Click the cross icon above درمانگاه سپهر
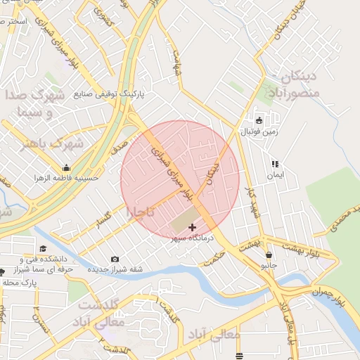point(192,227)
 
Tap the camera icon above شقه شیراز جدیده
point(115,259)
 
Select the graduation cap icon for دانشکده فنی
point(44,248)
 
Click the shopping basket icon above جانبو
point(269,255)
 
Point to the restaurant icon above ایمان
point(274,163)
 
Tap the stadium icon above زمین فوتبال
point(259,120)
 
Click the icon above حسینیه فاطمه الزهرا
point(66,167)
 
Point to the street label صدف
point(118,146)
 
